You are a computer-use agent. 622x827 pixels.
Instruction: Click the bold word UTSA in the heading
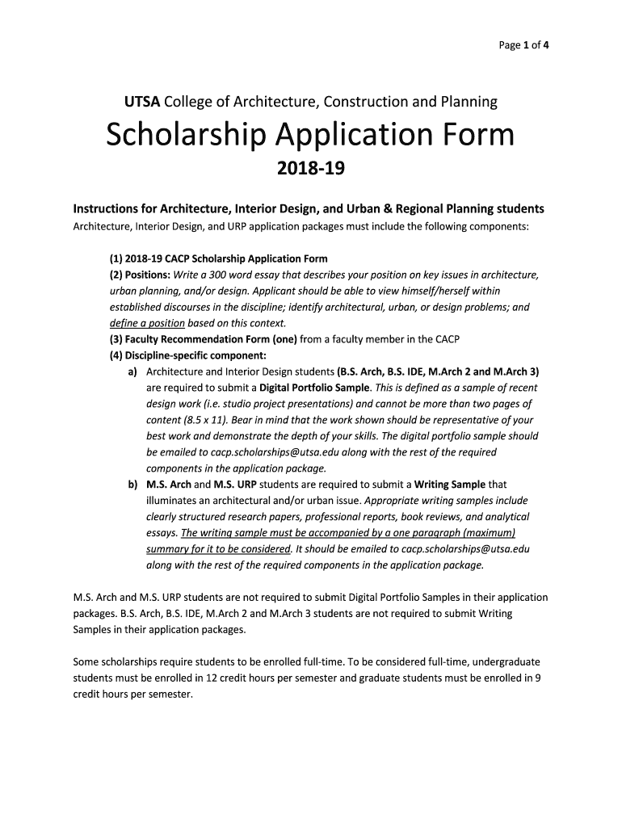click(x=141, y=102)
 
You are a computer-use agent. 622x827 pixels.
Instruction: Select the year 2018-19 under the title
click(x=311, y=170)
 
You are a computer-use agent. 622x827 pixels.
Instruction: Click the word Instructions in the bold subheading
click(x=111, y=208)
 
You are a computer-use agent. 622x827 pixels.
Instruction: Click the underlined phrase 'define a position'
click(x=142, y=323)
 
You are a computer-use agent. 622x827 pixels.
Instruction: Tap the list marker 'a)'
click(x=132, y=372)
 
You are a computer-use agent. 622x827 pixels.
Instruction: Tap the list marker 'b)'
click(x=132, y=485)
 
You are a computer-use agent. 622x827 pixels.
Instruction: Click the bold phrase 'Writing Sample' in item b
click(x=450, y=485)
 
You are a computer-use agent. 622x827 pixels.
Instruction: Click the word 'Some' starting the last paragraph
click(x=86, y=661)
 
